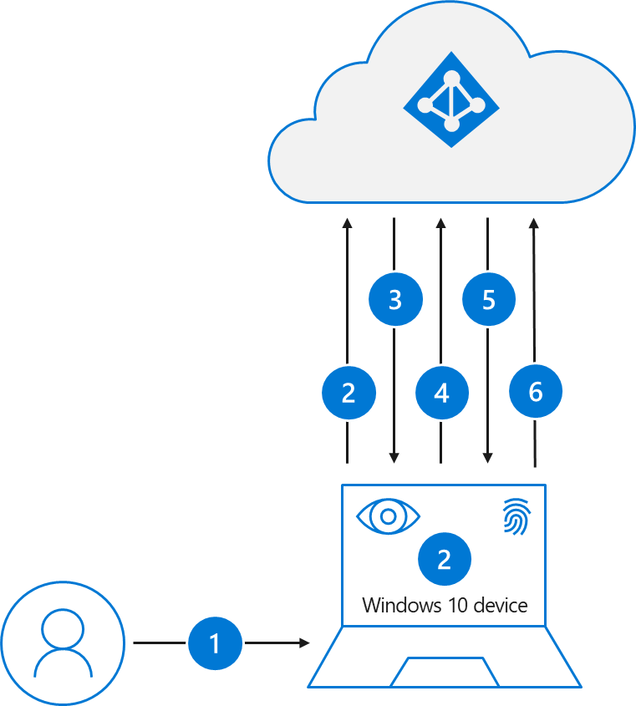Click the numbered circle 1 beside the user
(215, 643)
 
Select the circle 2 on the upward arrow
(349, 393)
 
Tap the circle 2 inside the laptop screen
(444, 558)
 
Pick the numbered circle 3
(395, 299)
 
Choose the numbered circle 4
(442, 393)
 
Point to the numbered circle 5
(489, 299)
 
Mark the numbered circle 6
(536, 391)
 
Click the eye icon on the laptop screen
(388, 516)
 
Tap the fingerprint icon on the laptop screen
(516, 516)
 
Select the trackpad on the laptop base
(445, 673)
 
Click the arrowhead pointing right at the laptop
(304, 643)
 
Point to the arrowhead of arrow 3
(394, 458)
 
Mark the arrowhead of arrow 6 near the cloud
(534, 224)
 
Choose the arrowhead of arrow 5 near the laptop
(487, 458)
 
